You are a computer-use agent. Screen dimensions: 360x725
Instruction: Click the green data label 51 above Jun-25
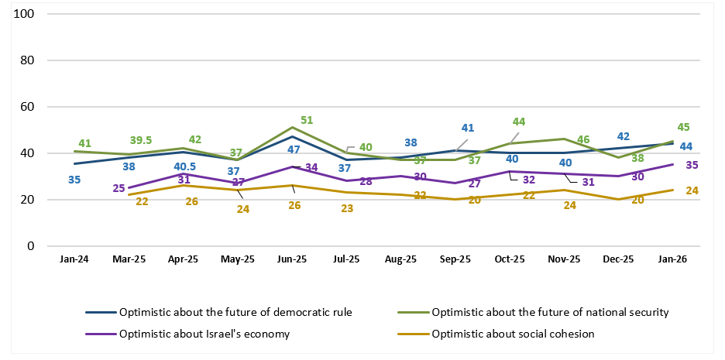306,120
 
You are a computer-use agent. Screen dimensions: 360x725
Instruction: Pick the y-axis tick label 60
29,107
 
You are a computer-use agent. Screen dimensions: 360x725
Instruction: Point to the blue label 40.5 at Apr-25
185,166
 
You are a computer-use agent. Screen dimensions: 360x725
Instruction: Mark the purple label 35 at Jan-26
692,164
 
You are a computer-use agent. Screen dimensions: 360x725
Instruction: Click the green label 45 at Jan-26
683,128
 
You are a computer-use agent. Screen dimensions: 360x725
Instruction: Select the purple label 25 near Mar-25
119,188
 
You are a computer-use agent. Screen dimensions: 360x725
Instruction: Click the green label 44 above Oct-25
519,122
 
